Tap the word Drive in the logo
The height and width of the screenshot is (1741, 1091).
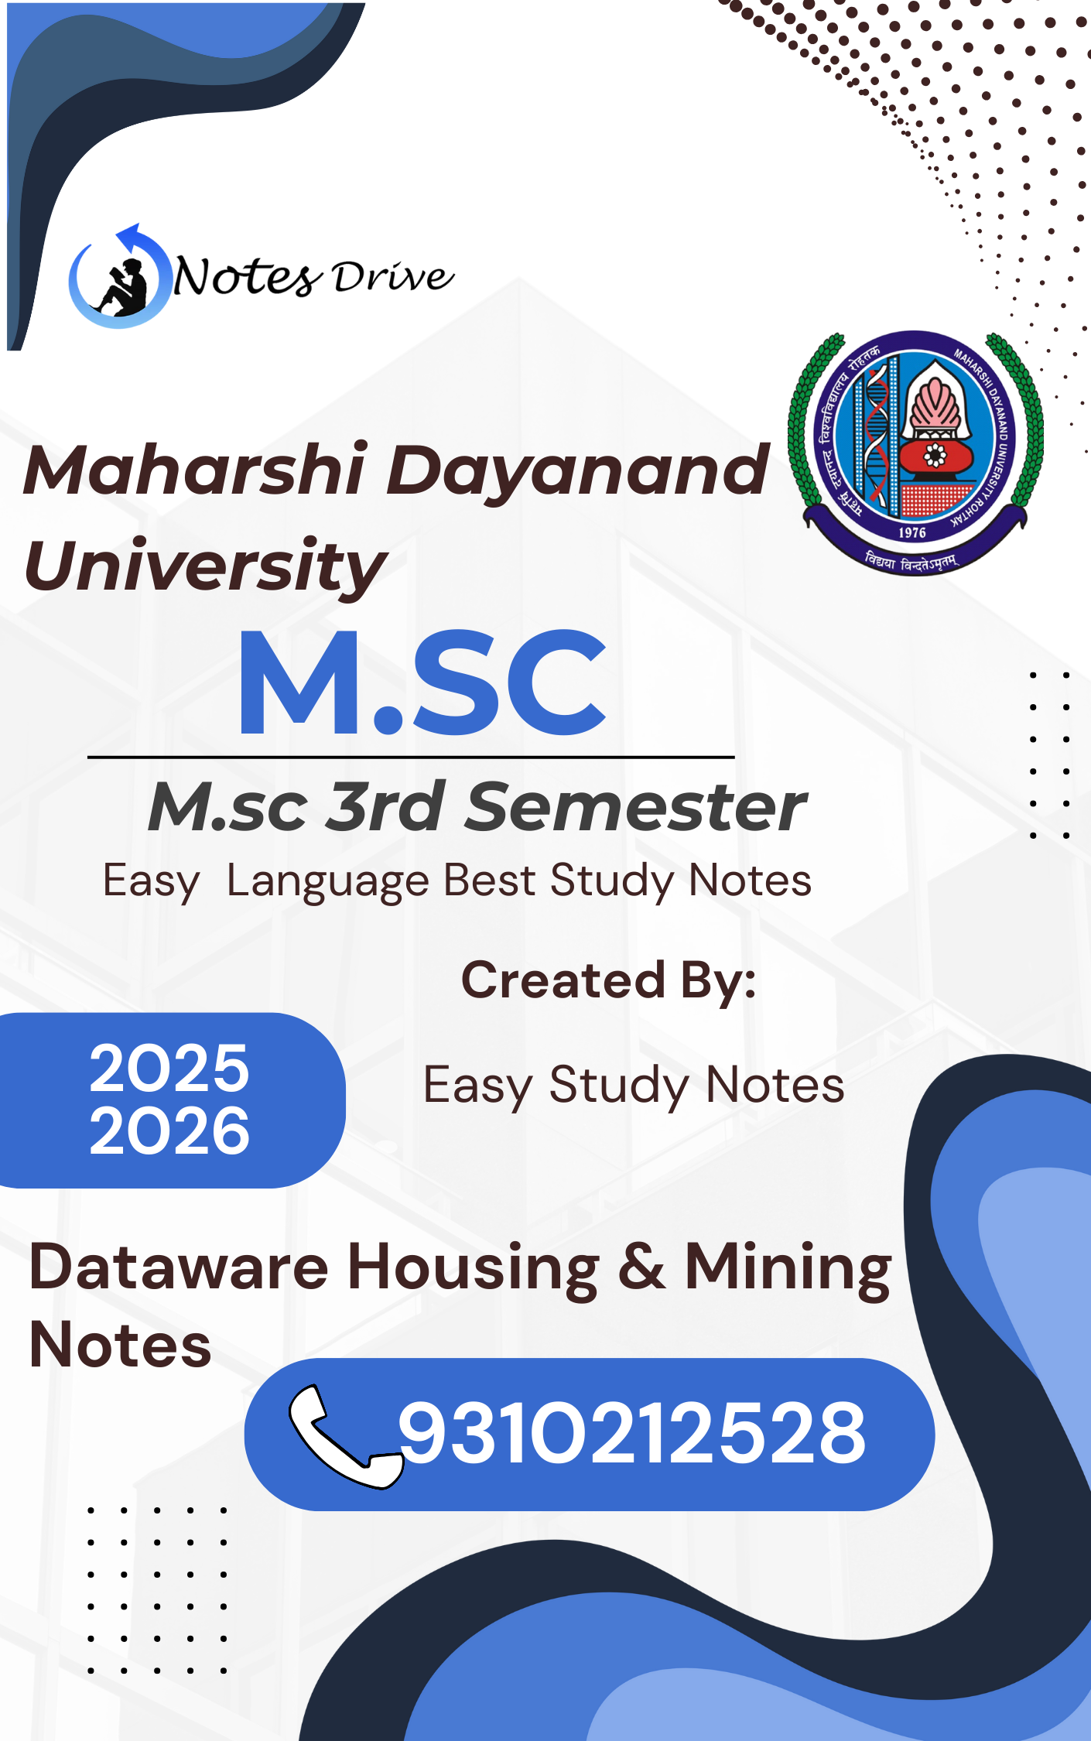(x=393, y=277)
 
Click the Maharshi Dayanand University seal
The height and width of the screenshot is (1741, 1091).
(x=915, y=453)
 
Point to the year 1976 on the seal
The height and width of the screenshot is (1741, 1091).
(x=912, y=532)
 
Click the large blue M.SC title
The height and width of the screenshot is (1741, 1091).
(x=422, y=682)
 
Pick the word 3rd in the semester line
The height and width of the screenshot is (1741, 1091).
(x=385, y=806)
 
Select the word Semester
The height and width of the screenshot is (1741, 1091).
(x=636, y=806)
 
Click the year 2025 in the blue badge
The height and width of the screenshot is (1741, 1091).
(x=169, y=1069)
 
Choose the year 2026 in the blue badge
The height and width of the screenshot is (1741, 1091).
(x=169, y=1130)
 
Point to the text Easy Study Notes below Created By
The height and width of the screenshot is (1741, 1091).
(x=634, y=1086)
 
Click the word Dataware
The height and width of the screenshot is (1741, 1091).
(x=179, y=1267)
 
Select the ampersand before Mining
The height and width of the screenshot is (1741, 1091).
(x=641, y=1267)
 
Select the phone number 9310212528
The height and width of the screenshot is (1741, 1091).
(x=631, y=1434)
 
